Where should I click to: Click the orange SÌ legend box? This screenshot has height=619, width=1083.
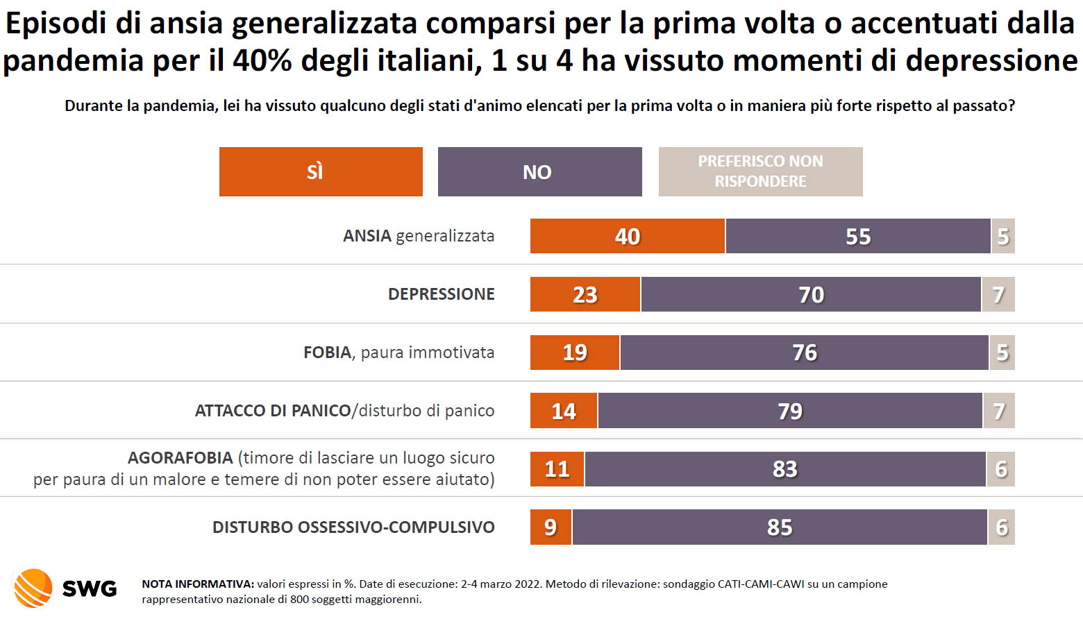click(321, 171)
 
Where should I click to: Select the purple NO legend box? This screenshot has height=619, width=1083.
click(539, 171)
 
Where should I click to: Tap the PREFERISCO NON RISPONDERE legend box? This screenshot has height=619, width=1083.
click(760, 171)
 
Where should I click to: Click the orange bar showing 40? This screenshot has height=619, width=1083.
click(628, 236)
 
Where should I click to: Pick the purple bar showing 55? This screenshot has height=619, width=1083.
click(858, 236)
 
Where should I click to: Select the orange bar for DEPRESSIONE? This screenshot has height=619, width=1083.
click(585, 294)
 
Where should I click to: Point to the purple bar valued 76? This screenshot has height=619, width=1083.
click(804, 353)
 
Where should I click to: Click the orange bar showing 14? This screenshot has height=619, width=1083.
click(563, 411)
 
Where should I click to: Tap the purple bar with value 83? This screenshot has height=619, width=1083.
click(784, 469)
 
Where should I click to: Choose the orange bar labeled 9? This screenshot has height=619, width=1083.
click(551, 527)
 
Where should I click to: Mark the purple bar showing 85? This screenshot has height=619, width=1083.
click(779, 527)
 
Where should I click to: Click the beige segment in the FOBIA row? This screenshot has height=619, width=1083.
click(1002, 353)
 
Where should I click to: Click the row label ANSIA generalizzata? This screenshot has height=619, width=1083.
click(418, 236)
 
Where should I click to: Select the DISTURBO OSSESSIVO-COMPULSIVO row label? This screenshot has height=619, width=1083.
click(353, 527)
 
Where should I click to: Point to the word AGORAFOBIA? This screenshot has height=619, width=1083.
click(180, 458)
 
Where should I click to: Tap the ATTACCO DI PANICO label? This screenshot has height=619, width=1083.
click(273, 411)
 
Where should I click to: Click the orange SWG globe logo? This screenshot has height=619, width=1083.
click(33, 588)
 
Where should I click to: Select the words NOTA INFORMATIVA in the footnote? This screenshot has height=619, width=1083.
click(197, 584)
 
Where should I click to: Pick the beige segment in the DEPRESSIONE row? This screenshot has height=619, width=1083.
click(998, 294)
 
